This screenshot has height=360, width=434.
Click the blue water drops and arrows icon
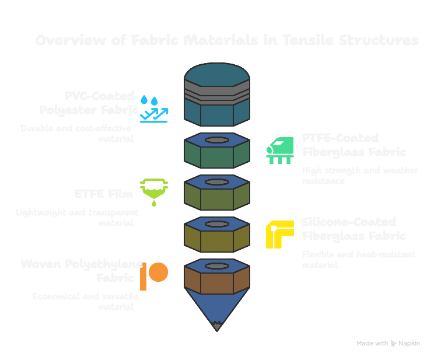[154, 109]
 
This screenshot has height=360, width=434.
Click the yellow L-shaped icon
[279, 234]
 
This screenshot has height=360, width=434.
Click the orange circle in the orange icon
[158, 272]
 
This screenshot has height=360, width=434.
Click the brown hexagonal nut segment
[217, 280]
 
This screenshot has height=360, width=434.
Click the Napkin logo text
[409, 344]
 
